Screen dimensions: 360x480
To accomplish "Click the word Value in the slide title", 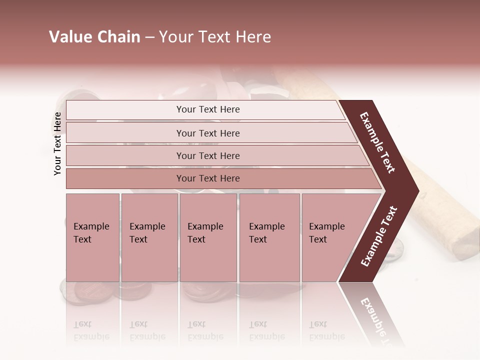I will [x=70, y=37].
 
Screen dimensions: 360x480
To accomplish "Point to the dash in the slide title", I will [x=149, y=37].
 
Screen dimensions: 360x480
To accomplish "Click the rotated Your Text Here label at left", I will [x=57, y=143].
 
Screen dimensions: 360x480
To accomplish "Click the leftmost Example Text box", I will [x=92, y=237].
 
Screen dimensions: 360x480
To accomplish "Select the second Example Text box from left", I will [x=149, y=237].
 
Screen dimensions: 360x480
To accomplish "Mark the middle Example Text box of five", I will [x=208, y=237].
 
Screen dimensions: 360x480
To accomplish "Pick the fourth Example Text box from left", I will [x=269, y=237].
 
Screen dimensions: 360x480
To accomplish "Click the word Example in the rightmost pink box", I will [x=327, y=226].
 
